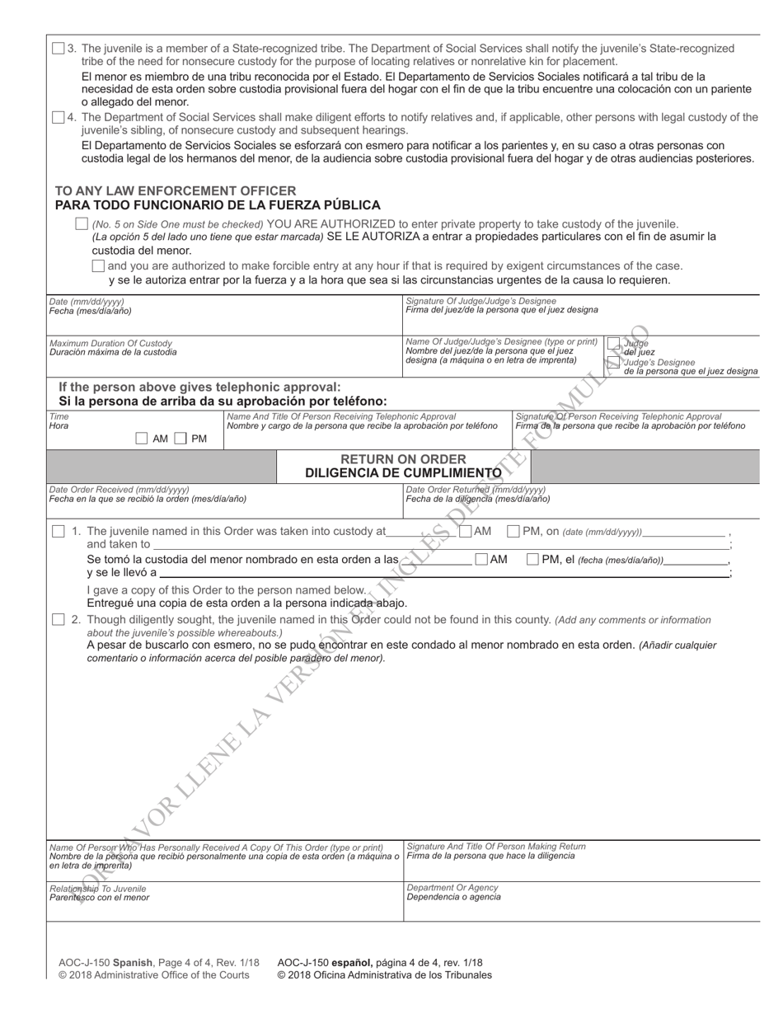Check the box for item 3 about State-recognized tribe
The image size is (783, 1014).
[x=58, y=49]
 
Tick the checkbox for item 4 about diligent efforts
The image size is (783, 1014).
[x=58, y=117]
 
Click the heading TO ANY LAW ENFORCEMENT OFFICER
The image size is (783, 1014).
[x=175, y=190]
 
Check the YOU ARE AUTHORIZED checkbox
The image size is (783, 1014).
[x=81, y=223]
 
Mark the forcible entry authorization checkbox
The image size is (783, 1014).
[x=98, y=265]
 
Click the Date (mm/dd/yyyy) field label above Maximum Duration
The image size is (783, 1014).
[x=87, y=302]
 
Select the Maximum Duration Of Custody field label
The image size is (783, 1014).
[x=111, y=343]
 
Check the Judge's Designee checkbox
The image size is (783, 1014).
[x=612, y=362]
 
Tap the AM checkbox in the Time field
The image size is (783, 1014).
[x=141, y=439]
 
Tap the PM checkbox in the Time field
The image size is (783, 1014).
[x=181, y=439]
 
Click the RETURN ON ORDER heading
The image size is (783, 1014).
[x=403, y=459]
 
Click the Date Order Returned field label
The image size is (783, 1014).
[x=476, y=490]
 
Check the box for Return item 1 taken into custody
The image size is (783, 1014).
[x=58, y=532]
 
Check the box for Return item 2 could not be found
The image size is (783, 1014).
[x=58, y=620]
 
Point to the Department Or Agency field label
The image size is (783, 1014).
[x=452, y=888]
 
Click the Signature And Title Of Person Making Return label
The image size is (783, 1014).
[x=496, y=847]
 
